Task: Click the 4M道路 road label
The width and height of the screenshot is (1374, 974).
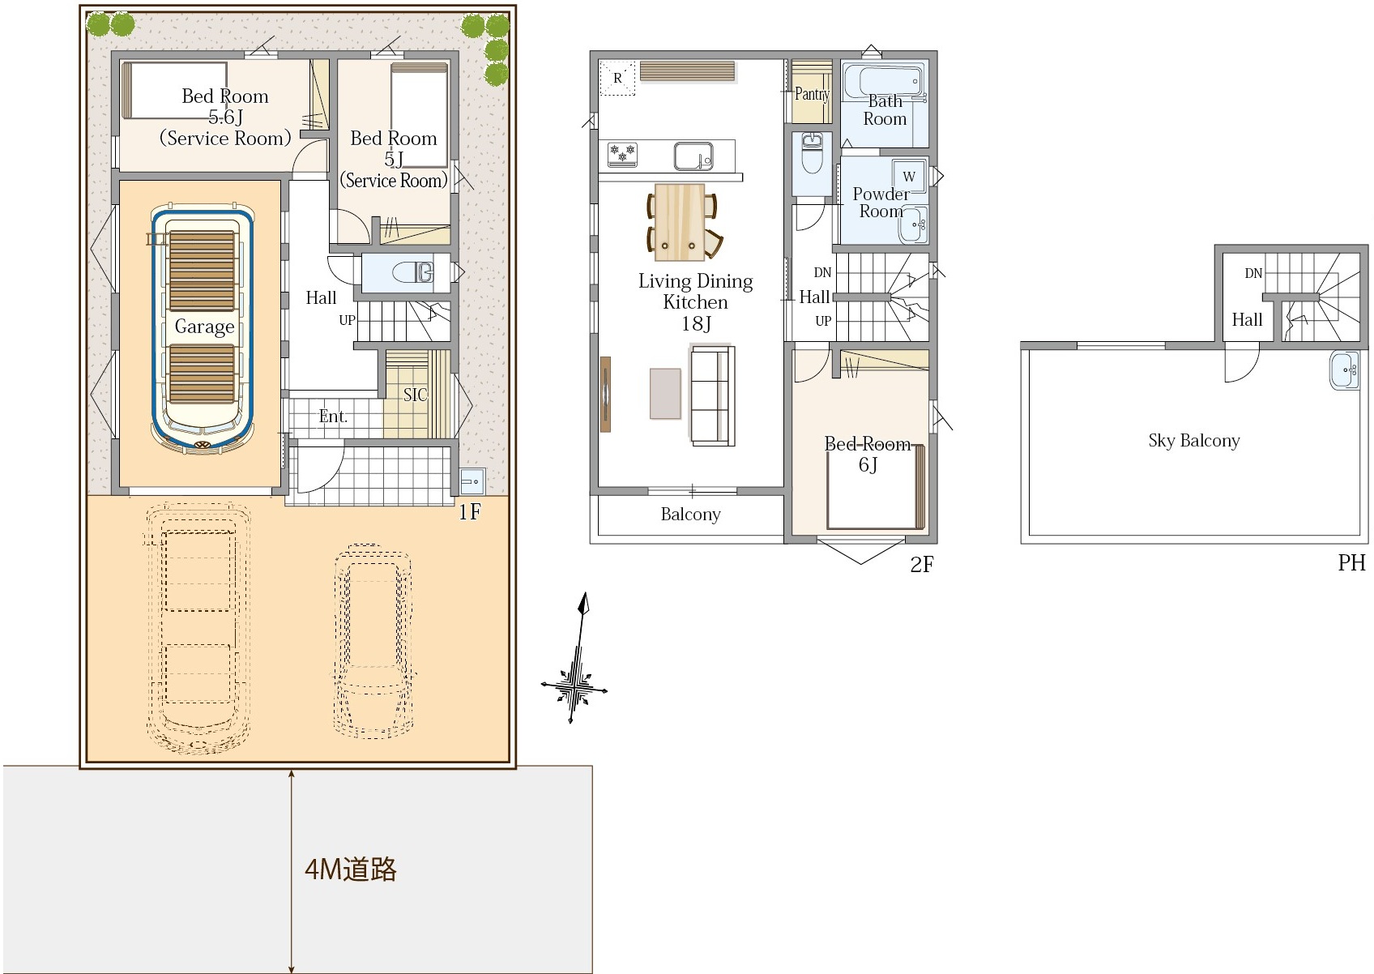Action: coord(351,869)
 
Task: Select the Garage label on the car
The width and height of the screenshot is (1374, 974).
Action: coord(204,327)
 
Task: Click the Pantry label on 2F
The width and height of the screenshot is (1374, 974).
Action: coord(812,94)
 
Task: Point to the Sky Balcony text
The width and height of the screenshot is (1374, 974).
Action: coord(1193,440)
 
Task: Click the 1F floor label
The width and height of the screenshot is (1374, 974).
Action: coord(470,511)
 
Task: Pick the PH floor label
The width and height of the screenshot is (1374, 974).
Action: coord(1351,562)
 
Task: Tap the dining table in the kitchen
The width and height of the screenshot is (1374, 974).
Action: coord(680,222)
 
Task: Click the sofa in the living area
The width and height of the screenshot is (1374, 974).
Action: coord(712,395)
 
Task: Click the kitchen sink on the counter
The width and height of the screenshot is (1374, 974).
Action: coord(693,156)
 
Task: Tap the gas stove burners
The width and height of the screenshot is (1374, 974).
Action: coord(622,154)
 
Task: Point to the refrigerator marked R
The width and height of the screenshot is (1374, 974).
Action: coord(617,78)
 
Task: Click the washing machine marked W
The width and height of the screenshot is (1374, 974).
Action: coord(909,177)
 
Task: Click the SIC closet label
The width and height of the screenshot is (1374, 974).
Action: coord(415,395)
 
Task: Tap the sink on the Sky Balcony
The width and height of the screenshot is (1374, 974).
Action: coord(1345,370)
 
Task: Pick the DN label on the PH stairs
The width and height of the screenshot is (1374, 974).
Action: coord(1253,274)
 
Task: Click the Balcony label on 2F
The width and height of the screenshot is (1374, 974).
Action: coord(690,514)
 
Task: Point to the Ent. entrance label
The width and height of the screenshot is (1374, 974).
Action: coord(333,417)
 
